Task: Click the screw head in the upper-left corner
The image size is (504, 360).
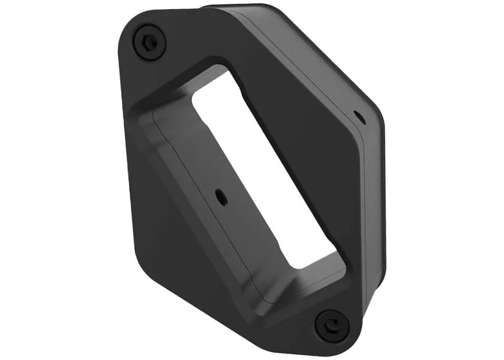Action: (150, 42)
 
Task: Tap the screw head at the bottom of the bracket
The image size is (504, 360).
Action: (332, 325)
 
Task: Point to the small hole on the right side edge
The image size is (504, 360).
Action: (359, 117)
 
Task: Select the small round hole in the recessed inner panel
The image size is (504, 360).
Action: (221, 197)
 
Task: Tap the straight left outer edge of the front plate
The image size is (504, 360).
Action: (123, 151)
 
